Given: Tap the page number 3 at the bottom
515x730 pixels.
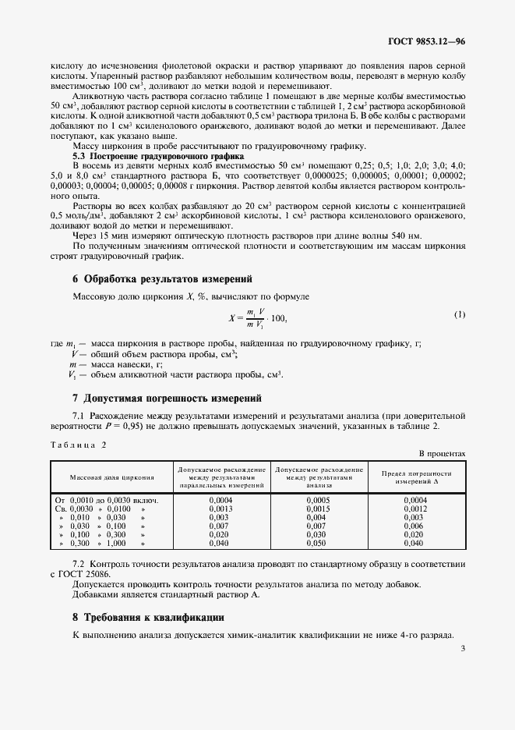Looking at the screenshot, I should click(462, 647).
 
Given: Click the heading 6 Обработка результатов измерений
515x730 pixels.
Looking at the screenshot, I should click(161, 278).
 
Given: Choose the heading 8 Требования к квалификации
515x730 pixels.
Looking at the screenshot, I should click(148, 617).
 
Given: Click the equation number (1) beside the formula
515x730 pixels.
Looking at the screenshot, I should click(459, 314).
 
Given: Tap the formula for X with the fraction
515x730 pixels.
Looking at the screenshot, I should click(258, 317).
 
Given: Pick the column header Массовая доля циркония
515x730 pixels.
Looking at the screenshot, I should click(112, 477).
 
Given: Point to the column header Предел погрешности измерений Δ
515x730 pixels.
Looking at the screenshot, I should click(416, 477).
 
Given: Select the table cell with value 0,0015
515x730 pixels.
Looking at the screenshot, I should click(319, 508).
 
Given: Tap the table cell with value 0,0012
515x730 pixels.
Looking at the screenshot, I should click(416, 508).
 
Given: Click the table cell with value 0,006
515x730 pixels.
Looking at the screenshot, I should click(416, 526).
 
